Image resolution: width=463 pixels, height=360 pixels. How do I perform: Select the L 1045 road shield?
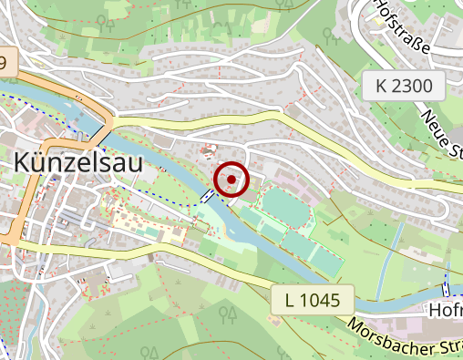coord(311,299)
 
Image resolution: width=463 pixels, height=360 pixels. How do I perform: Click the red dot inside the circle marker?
coord(231,180)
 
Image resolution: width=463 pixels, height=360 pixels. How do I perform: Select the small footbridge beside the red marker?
coord(209,195)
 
